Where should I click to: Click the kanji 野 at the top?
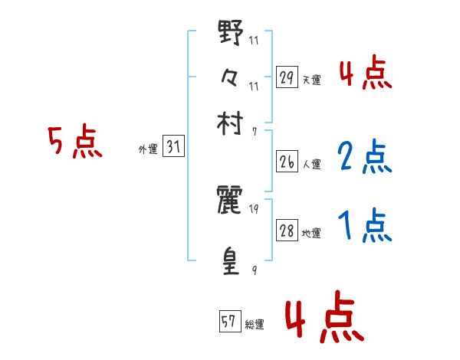click(231, 34)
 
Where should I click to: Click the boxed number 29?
click(287, 77)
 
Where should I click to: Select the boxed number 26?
click(287, 162)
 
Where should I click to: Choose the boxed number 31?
click(173, 148)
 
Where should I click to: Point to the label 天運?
click(312, 80)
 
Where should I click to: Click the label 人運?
click(312, 165)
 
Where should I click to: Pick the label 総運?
click(255, 325)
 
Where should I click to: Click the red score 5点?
click(75, 142)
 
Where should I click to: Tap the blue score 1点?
click(365, 226)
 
